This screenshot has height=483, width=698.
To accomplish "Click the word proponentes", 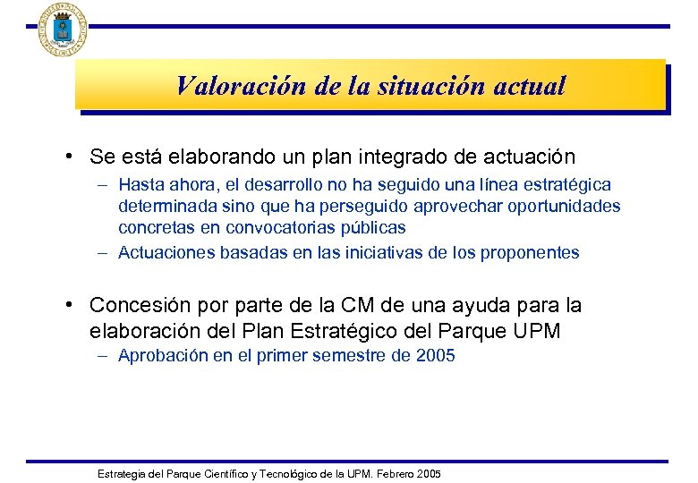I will (x=531, y=253).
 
